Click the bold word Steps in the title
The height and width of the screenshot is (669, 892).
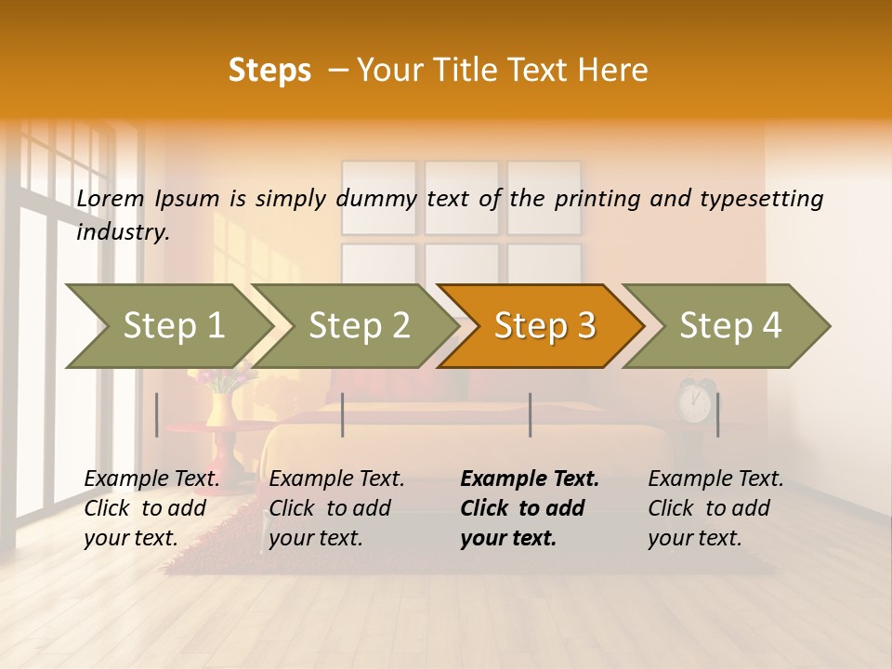(x=269, y=71)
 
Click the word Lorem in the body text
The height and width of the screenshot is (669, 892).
(x=111, y=199)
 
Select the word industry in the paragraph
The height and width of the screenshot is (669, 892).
(x=123, y=232)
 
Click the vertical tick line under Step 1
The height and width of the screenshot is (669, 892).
(x=157, y=414)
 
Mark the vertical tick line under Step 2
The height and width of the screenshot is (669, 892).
(x=343, y=414)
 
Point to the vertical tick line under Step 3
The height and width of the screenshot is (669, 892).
(x=531, y=414)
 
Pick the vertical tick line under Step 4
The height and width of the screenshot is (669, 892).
(x=717, y=414)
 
